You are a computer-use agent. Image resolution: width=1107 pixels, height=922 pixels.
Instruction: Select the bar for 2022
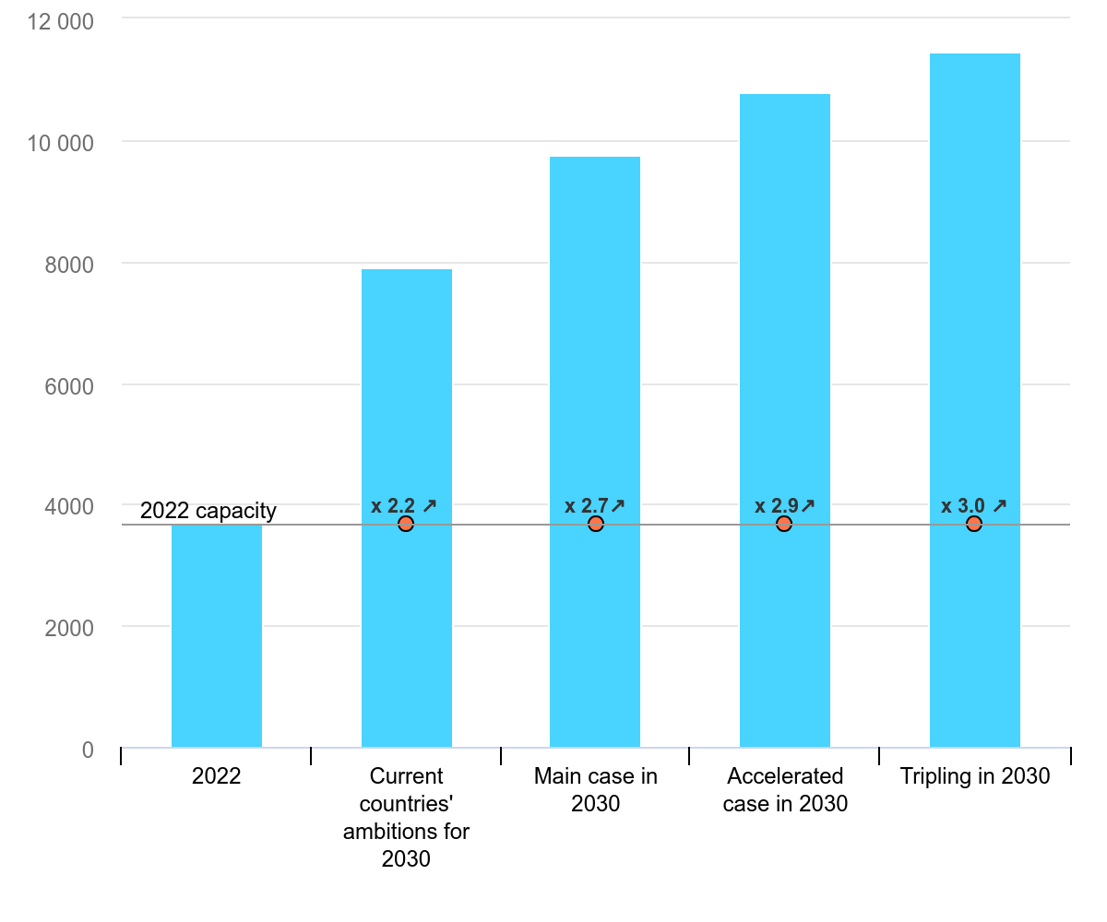click(217, 636)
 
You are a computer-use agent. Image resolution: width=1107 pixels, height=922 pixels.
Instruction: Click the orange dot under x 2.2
click(406, 524)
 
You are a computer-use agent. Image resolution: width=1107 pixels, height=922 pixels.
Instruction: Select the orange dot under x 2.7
click(596, 524)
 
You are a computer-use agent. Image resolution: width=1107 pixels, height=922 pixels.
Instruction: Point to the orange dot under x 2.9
click(784, 524)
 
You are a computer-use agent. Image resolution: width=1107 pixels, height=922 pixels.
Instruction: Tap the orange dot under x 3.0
click(974, 524)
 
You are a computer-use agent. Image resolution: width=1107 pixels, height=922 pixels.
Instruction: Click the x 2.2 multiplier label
click(404, 505)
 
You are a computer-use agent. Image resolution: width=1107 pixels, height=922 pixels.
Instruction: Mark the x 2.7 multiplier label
click(595, 505)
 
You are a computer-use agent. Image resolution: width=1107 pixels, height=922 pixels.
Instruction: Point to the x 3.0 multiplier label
click(974, 505)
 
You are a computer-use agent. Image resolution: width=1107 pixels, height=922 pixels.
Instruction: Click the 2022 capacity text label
click(208, 511)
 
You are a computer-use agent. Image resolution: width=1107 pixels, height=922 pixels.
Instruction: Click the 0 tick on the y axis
click(88, 750)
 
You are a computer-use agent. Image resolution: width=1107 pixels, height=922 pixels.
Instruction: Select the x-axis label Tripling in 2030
click(975, 776)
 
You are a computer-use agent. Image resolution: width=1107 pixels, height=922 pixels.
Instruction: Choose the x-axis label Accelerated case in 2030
click(785, 790)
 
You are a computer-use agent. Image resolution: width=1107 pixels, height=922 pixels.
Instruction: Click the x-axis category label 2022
click(217, 776)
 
